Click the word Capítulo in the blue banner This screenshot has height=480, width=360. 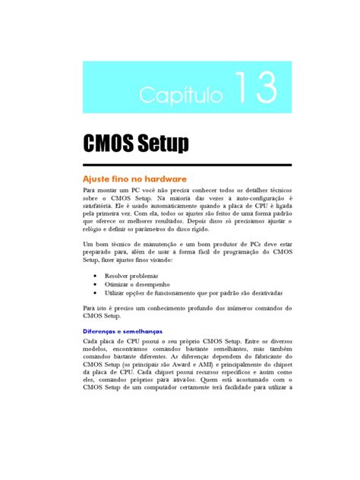pos(181,94)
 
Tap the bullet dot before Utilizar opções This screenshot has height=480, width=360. pos(94,292)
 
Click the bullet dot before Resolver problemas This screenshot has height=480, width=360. pos(94,275)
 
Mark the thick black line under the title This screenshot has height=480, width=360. pos(187,165)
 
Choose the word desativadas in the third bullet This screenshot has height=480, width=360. pos(265,292)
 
